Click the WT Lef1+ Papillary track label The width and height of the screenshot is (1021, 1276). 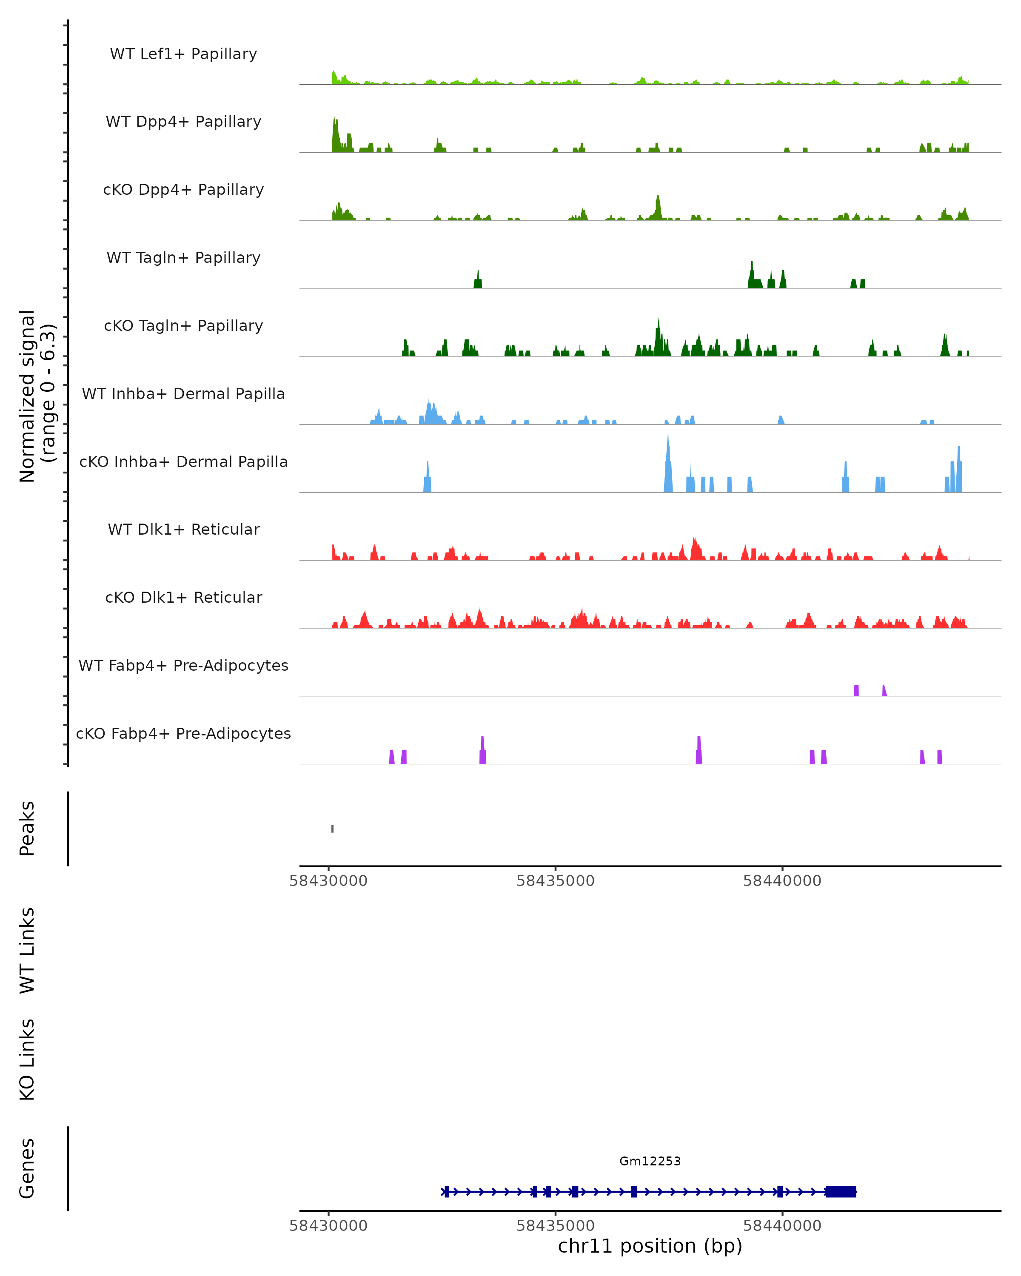click(183, 54)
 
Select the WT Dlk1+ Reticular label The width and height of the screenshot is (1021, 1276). click(183, 529)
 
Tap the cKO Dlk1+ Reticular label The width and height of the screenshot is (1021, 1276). click(183, 597)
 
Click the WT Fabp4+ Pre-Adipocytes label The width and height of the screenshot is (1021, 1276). click(183, 665)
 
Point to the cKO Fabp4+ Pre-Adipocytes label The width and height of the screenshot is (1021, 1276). click(183, 733)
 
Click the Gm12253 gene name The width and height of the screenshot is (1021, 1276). click(650, 1161)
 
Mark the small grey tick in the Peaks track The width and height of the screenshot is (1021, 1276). click(333, 829)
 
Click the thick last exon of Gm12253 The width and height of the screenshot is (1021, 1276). click(841, 1192)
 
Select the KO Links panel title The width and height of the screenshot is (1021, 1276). click(27, 1060)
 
